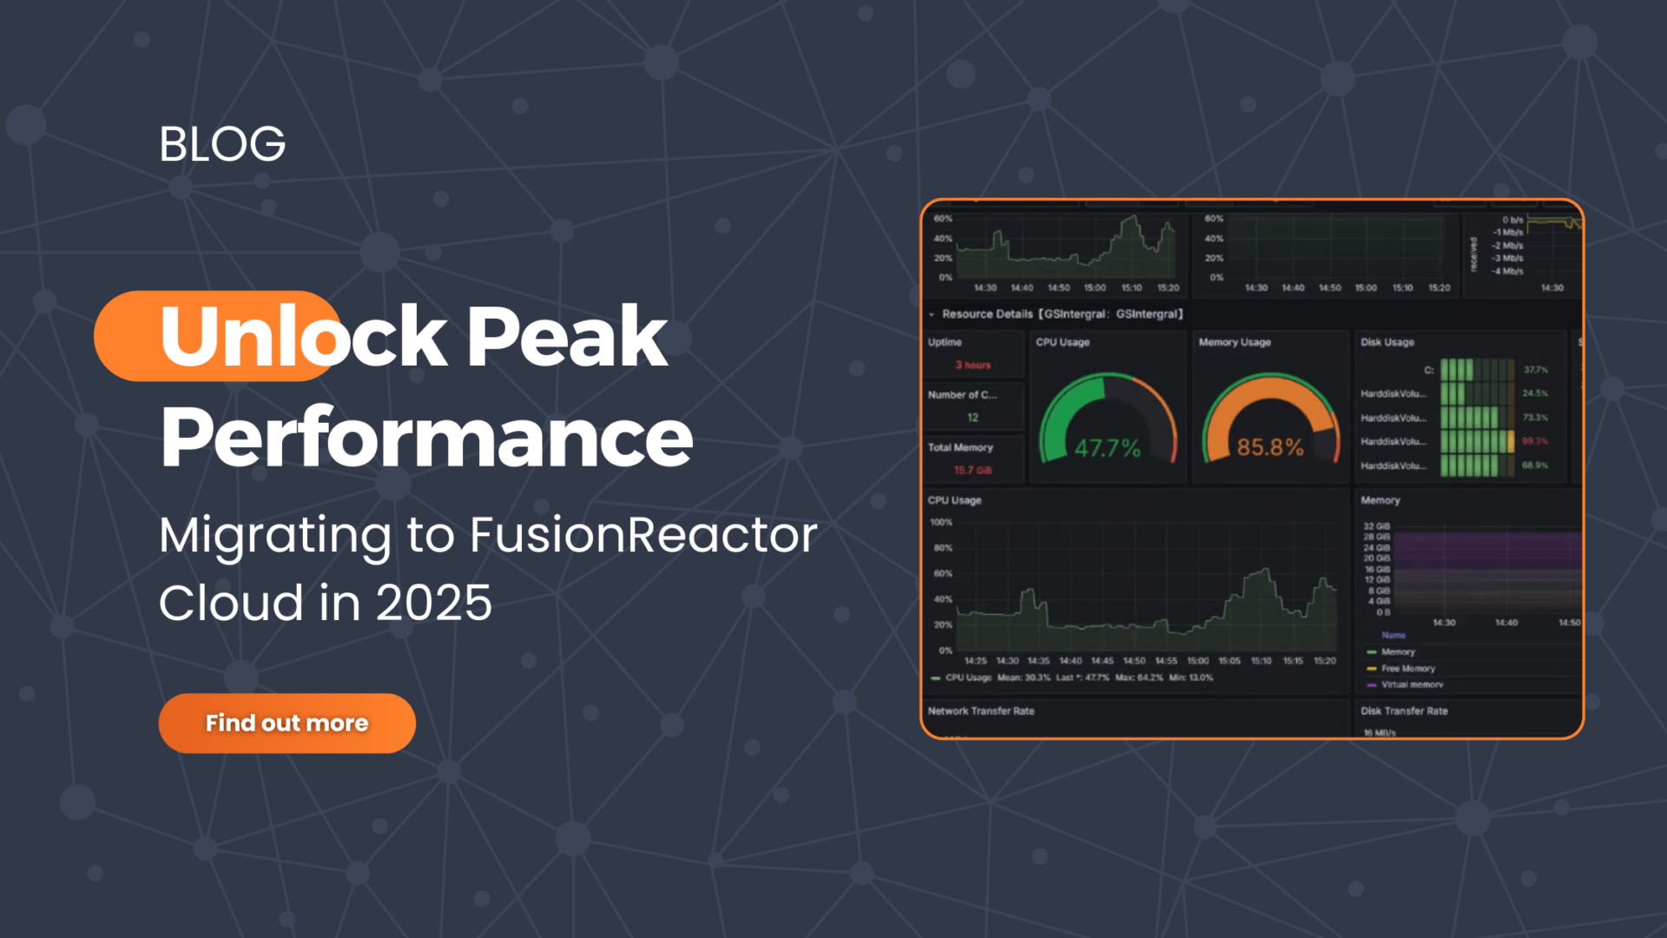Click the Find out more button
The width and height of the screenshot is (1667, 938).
[287, 723]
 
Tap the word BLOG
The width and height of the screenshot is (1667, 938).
[222, 144]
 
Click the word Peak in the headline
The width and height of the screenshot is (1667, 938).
[567, 337]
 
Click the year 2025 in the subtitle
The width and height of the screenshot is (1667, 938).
[434, 603]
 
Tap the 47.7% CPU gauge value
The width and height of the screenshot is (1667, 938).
[1107, 448]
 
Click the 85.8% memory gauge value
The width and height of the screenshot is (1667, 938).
[1269, 447]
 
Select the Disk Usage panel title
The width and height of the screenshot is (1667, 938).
[1387, 342]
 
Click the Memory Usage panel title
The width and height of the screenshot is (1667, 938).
[1234, 342]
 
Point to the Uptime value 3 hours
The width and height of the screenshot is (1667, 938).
[972, 365]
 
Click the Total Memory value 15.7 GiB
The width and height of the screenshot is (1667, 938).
[972, 470]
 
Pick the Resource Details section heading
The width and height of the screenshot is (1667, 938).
[1062, 314]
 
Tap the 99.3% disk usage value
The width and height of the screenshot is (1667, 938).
[1534, 441]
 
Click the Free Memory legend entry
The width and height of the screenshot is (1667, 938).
[1407, 669]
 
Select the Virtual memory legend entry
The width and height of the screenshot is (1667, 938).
[1412, 684]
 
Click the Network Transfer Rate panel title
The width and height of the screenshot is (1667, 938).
[980, 711]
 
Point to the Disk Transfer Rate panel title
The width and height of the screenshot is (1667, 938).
[1404, 711]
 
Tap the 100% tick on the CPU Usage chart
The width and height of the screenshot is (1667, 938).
[941, 523]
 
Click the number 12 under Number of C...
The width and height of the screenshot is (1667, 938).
[972, 418]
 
